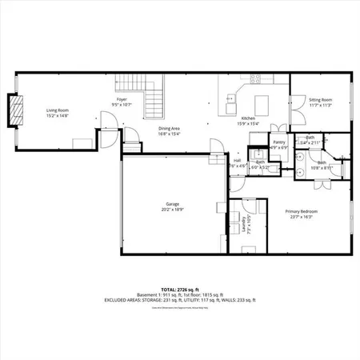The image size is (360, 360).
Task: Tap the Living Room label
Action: point(57,110)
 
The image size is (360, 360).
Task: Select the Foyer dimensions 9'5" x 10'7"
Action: point(122,105)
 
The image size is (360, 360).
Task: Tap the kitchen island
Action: point(262,105)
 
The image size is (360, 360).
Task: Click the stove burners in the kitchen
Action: point(258,78)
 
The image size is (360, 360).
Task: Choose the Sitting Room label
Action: point(320,99)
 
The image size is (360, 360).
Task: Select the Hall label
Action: point(238,160)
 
